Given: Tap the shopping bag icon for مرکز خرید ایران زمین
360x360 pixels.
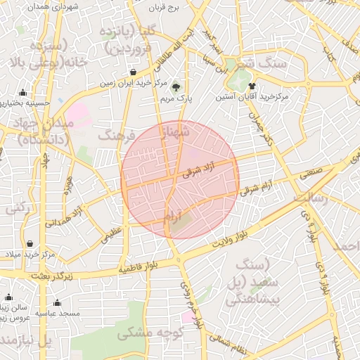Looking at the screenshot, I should click(x=134, y=72).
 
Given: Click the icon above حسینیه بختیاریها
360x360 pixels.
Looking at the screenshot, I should click(x=23, y=92).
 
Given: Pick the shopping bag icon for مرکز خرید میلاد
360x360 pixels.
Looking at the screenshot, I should click(x=30, y=244).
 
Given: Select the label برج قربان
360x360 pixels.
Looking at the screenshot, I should click(x=165, y=8).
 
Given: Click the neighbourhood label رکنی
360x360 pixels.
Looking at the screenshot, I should click(x=18, y=209).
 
